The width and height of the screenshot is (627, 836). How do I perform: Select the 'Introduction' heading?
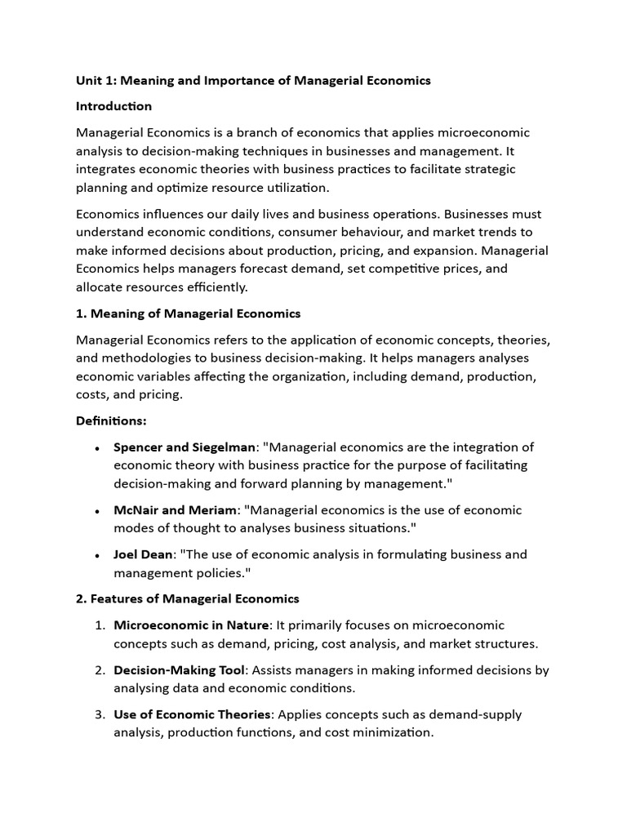pyautogui.click(x=113, y=106)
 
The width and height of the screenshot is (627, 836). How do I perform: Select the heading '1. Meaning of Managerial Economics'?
pyautogui.click(x=188, y=313)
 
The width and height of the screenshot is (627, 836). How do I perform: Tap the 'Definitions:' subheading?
pyautogui.click(x=110, y=420)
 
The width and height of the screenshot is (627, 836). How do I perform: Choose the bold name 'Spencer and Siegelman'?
pyautogui.click(x=185, y=447)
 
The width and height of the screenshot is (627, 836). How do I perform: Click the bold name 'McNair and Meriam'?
pyautogui.click(x=175, y=510)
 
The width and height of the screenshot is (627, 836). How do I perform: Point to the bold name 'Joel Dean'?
pyautogui.click(x=143, y=554)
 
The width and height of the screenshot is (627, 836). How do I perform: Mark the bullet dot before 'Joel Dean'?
pyautogui.click(x=97, y=555)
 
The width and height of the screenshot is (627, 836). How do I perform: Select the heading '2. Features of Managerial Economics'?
pyautogui.click(x=187, y=599)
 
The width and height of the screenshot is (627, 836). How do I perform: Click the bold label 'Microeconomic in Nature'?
pyautogui.click(x=191, y=625)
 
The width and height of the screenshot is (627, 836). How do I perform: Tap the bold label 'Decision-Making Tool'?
pyautogui.click(x=179, y=670)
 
